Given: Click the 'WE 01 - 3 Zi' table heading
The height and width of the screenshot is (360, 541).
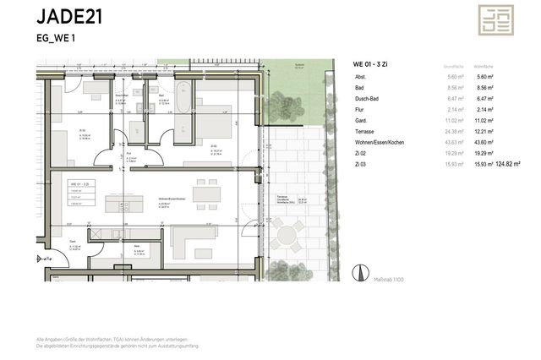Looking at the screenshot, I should coord(374,64).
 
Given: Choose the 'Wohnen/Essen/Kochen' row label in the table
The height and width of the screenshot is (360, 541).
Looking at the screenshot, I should coord(380,143).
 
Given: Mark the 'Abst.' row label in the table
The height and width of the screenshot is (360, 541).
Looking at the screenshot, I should coord(363,77).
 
